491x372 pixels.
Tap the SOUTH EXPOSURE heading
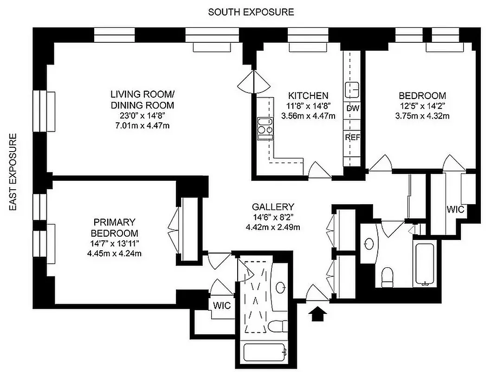point(251,12)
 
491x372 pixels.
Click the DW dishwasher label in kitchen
point(353,108)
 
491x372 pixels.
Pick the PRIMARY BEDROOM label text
point(114,227)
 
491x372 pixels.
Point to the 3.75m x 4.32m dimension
point(422,116)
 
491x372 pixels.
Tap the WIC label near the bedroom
point(455,210)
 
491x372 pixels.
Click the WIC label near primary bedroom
point(221,306)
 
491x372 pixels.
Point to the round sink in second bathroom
point(370,243)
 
